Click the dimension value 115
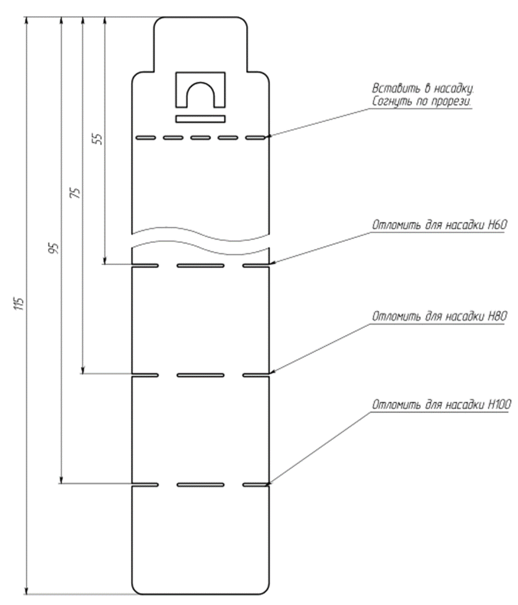click(20, 303)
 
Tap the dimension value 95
click(56, 248)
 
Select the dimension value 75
click(77, 193)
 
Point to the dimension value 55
click(99, 138)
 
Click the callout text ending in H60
click(439, 226)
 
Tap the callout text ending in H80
click(439, 316)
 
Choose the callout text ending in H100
click(441, 405)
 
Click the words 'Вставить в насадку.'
click(423, 89)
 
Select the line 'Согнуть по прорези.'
click(422, 102)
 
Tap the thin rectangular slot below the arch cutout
click(200, 119)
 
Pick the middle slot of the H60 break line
click(200, 266)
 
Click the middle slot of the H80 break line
click(200, 375)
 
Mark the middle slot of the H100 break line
click(200, 484)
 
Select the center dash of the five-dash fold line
click(200, 137)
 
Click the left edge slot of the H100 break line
click(145, 484)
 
